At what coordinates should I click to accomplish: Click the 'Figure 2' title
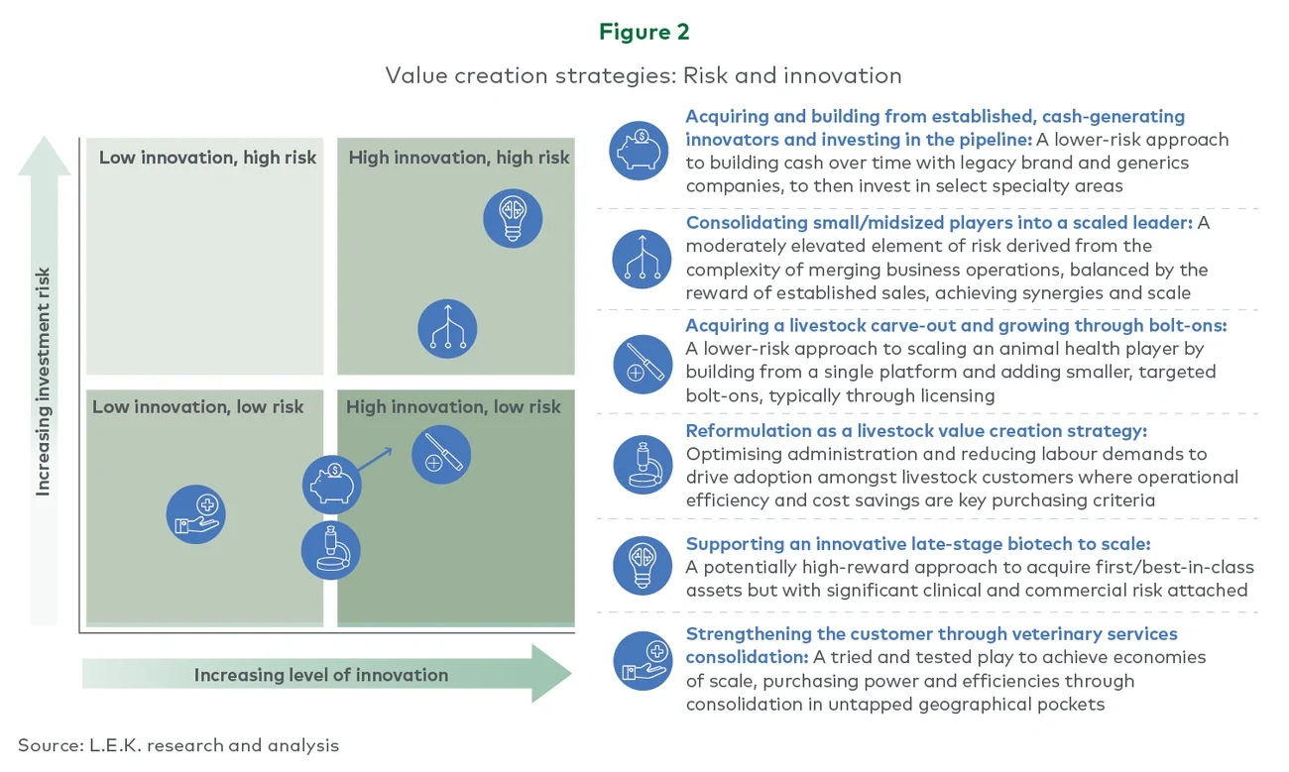pyautogui.click(x=644, y=32)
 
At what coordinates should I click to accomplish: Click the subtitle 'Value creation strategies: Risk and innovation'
pyautogui.click(x=644, y=75)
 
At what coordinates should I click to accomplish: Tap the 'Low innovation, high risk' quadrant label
pyautogui.click(x=207, y=158)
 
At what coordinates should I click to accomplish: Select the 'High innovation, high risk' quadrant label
pyautogui.click(x=459, y=158)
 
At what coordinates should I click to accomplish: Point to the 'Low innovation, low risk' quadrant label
pyautogui.click(x=198, y=406)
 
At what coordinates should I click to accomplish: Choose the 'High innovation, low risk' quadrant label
pyautogui.click(x=453, y=406)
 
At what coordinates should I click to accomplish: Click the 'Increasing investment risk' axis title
pyautogui.click(x=44, y=382)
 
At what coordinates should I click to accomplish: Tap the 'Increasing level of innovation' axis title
pyautogui.click(x=320, y=675)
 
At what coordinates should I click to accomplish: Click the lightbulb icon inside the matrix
pyautogui.click(x=513, y=218)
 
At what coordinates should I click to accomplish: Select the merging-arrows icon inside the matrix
pyautogui.click(x=447, y=329)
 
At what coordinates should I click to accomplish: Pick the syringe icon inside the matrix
pyautogui.click(x=441, y=455)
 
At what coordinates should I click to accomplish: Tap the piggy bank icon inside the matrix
pyautogui.click(x=332, y=485)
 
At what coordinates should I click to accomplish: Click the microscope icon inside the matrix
pyautogui.click(x=331, y=550)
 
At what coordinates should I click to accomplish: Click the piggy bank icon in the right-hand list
pyautogui.click(x=640, y=151)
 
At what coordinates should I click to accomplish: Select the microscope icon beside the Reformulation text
pyautogui.click(x=643, y=465)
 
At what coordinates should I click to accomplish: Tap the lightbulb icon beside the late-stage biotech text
pyautogui.click(x=643, y=565)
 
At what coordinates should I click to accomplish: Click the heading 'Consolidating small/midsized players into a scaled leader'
pyautogui.click(x=938, y=222)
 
